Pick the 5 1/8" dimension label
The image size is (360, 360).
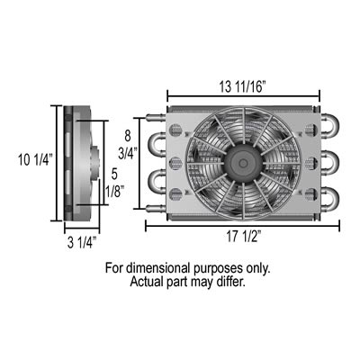[113, 181]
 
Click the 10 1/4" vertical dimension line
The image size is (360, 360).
[61, 162]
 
